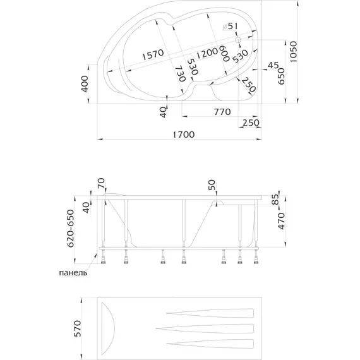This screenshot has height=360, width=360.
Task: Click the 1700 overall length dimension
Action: click(183, 135)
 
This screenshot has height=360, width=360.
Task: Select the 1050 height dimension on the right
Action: click(293, 52)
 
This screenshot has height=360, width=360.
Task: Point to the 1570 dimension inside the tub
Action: click(153, 55)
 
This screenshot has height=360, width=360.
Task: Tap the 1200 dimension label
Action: click(207, 53)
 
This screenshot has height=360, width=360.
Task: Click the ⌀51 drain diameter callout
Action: click(231, 27)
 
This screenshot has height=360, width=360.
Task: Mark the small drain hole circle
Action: click(238, 40)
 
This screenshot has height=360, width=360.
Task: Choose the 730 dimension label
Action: click(180, 74)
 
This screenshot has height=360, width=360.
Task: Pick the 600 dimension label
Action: click(224, 54)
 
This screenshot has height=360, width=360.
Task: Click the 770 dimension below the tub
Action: click(222, 112)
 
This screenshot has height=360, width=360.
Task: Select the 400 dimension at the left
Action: click(85, 84)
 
